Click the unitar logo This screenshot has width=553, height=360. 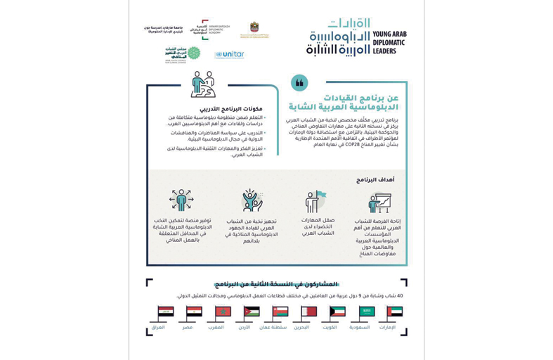tap(230, 54)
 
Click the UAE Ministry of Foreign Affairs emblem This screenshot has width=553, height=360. tap(254, 29)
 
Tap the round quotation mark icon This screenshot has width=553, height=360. tap(299, 83)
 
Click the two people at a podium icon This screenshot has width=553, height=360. tap(203, 84)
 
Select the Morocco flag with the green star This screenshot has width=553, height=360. tap(223, 312)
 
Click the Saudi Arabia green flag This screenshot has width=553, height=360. tap(366, 312)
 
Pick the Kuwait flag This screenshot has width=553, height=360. tap(337, 312)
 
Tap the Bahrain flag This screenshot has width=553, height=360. tap(308, 312)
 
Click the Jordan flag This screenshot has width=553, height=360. tap(252, 312)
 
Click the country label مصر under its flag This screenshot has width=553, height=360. tap(188, 328)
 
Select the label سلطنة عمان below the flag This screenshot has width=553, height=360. tap(273, 328)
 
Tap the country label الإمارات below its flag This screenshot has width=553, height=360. tap(387, 328)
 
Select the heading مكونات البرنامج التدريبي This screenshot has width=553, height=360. tap(237, 109)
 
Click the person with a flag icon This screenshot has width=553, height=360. tap(314, 202)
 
